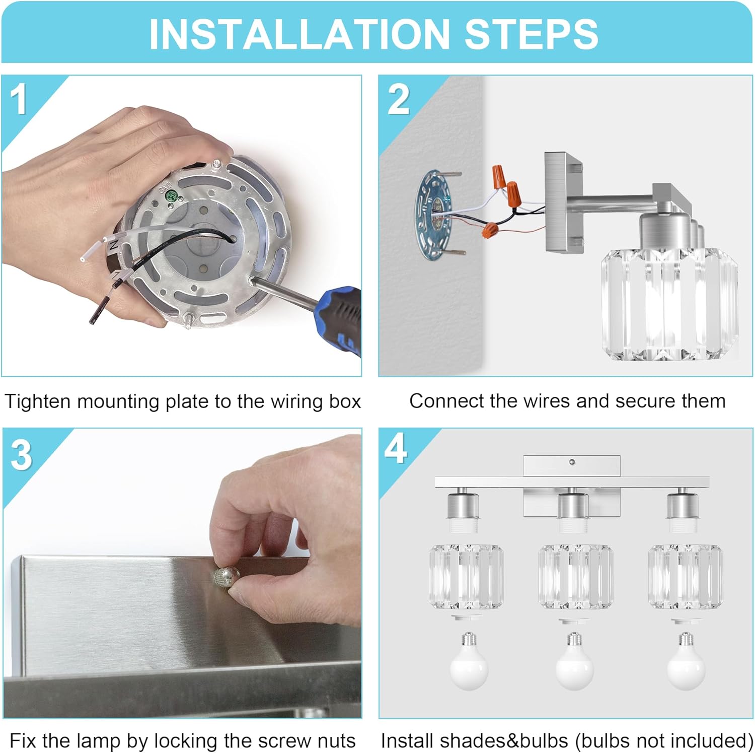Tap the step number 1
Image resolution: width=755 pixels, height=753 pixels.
[x=19, y=99]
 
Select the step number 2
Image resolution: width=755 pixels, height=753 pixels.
[x=399, y=99]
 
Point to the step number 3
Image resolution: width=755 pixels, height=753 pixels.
[x=21, y=455]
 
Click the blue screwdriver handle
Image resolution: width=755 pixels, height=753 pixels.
[x=342, y=317]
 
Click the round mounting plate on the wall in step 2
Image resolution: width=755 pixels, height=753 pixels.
[x=433, y=215]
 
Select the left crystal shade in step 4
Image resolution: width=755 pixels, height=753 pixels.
[x=466, y=576]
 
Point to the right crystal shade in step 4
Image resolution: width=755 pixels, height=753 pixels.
[x=686, y=576]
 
